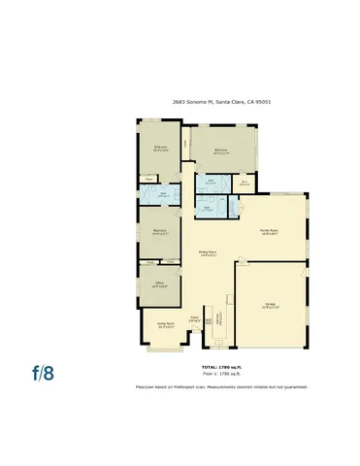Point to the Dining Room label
pos(207,254)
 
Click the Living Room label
pos(165,326)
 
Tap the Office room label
pos(159,284)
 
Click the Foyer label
pos(195,317)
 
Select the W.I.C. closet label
pos(245,182)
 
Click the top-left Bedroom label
pos(160,149)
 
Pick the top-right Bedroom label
pos(221,150)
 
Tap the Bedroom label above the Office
pos(159,231)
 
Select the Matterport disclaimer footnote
pos(220,386)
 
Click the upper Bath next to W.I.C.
pos(211,182)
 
